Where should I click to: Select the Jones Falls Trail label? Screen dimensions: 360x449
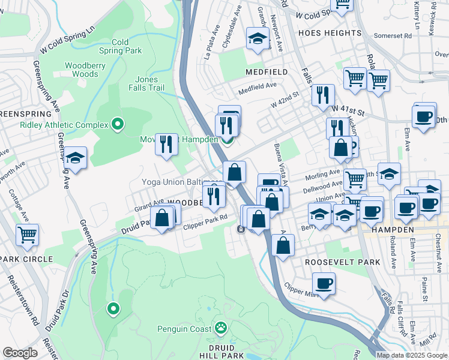(146, 83)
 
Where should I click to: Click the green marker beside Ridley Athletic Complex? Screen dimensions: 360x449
(118, 125)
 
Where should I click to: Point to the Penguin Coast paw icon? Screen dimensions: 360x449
(221, 328)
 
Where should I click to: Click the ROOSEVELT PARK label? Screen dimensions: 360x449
(342, 262)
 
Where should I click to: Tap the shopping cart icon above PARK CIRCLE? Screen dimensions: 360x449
(28, 235)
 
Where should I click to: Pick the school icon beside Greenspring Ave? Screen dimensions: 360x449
(76, 158)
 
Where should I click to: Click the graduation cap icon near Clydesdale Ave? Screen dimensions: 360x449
(258, 39)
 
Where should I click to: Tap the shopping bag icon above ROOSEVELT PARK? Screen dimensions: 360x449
(283, 245)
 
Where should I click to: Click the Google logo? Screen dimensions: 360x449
(20, 353)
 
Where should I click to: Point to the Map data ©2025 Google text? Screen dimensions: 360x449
(411, 355)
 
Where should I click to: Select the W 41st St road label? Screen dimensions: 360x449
(348, 112)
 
